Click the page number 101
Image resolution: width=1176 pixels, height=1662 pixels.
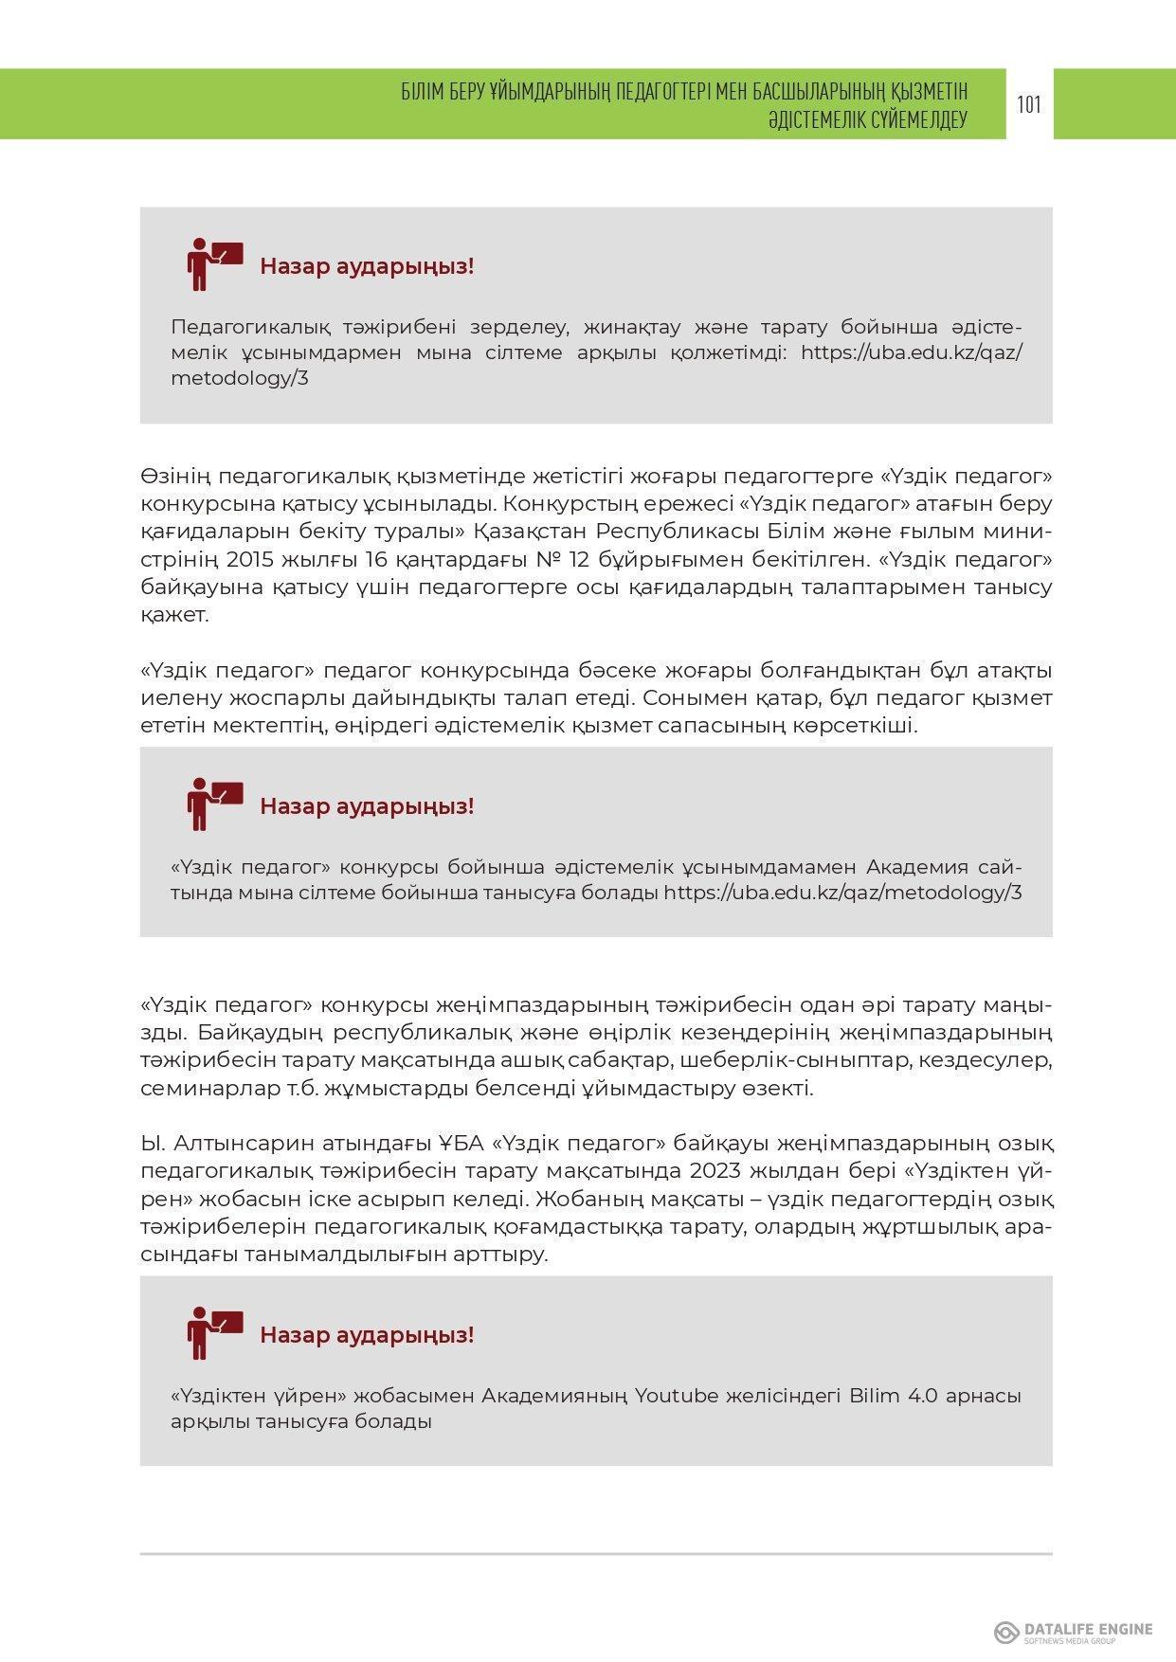[x=1029, y=104]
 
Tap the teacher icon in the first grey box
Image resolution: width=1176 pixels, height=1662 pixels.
[x=214, y=264]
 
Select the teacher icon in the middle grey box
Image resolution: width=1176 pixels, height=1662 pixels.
[x=214, y=804]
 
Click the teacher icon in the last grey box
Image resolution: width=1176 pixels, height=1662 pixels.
[x=214, y=1333]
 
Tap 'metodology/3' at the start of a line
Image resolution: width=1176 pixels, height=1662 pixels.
[x=240, y=378]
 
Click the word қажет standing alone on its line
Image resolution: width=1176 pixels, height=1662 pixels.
[x=173, y=614]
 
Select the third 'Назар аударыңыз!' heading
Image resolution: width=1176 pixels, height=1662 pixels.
[x=367, y=1335]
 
